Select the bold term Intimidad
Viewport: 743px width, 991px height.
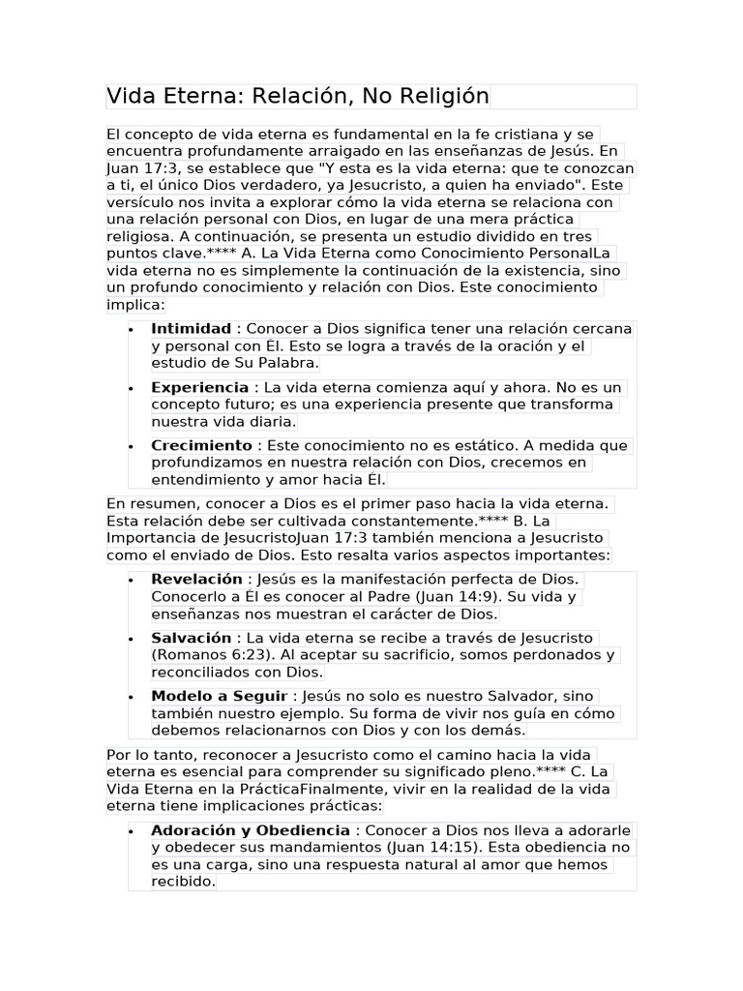[191, 329]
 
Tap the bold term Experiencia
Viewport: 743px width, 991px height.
[199, 387]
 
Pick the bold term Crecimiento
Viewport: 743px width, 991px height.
[201, 445]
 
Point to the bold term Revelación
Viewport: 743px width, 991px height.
[196, 579]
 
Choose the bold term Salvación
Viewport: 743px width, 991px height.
[191, 638]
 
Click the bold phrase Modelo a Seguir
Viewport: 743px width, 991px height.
[219, 696]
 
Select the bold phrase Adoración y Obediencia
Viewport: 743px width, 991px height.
[251, 830]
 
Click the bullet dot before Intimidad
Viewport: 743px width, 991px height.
[131, 329]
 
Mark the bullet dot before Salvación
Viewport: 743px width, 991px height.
[131, 639]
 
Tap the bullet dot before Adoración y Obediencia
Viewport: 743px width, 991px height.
[131, 831]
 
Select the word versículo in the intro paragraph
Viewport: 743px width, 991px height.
[142, 203]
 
